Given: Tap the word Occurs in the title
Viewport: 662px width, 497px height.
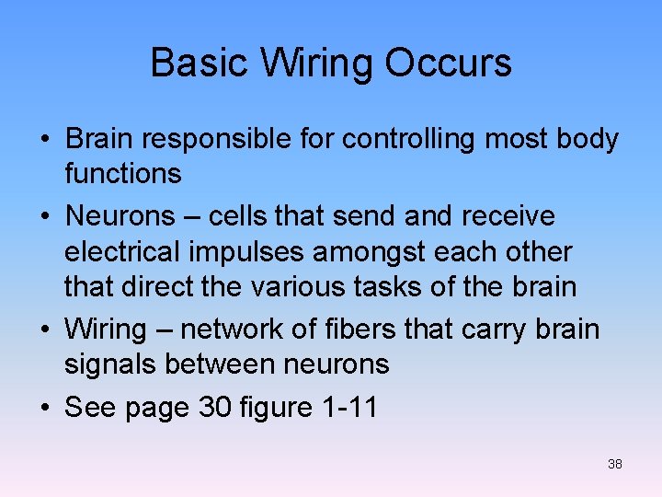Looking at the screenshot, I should [448, 63].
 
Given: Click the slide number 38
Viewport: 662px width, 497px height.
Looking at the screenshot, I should [615, 464].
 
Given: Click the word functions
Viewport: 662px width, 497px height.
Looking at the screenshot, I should [122, 172].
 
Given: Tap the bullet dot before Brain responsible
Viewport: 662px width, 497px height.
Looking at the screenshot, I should [44, 140].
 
